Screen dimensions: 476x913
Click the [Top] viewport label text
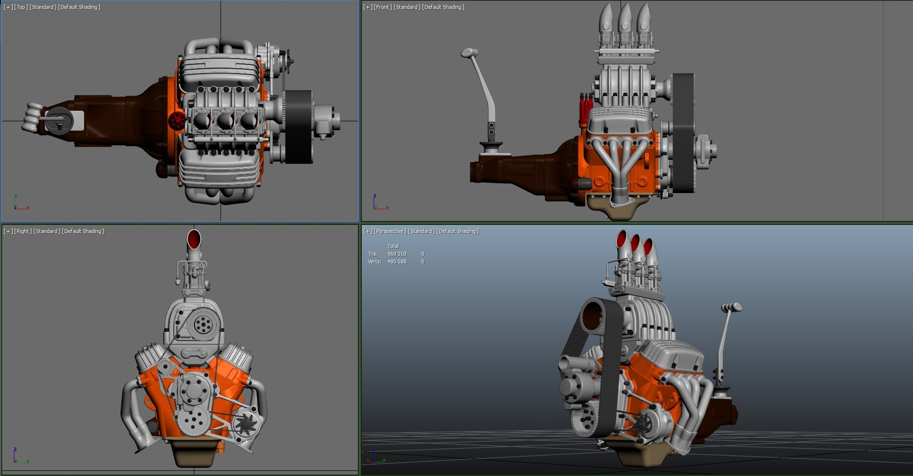pos(21,7)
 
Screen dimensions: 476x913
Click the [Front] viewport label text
pos(383,7)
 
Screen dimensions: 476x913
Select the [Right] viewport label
pos(23,231)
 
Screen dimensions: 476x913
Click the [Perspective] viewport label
pos(390,231)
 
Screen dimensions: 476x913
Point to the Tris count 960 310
pos(397,254)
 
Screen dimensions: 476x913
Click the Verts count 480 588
pos(397,262)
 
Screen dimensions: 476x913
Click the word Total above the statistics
pos(393,246)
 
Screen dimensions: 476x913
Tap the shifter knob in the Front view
pos(469,52)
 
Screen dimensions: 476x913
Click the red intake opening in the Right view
pos(194,239)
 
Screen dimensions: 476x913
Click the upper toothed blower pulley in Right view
pos(204,323)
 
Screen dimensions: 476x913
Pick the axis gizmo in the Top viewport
pos(20,203)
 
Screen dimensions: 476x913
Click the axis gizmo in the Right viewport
pos(20,456)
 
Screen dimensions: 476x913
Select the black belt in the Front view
pos(684,133)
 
